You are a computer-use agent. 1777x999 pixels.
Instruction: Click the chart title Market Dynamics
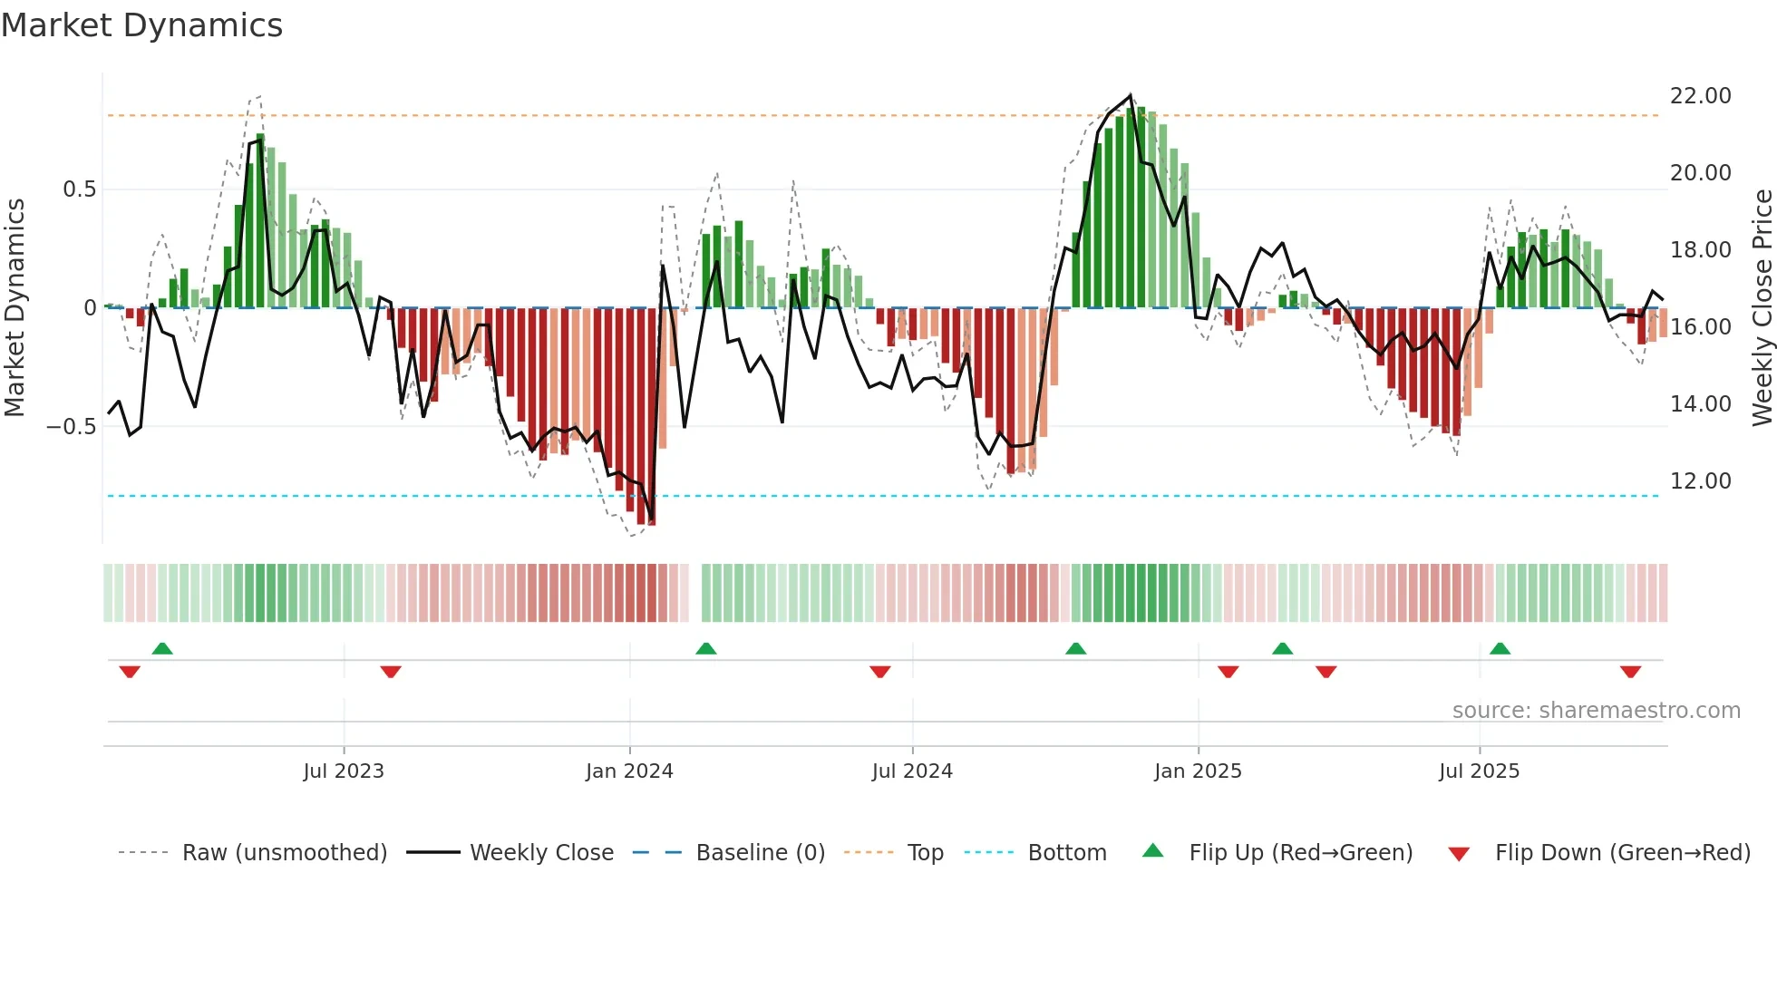click(x=141, y=25)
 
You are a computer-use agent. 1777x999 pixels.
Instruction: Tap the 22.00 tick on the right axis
click(x=1700, y=96)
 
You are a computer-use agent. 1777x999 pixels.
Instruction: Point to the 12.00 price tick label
click(x=1700, y=481)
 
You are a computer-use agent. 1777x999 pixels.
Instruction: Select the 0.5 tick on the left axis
click(x=79, y=189)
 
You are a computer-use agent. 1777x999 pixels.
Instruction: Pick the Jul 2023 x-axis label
click(x=344, y=771)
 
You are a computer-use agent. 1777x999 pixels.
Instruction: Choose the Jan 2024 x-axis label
click(x=629, y=771)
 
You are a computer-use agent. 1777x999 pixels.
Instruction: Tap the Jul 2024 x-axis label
click(x=912, y=771)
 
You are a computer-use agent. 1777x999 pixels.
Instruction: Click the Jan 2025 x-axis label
click(x=1198, y=771)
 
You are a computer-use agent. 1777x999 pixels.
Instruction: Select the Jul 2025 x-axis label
click(x=1479, y=771)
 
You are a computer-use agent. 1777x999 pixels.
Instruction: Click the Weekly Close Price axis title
click(x=1762, y=308)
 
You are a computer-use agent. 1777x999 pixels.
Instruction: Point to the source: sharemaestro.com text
click(x=1596, y=711)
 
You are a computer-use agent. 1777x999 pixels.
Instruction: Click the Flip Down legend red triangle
click(x=1459, y=854)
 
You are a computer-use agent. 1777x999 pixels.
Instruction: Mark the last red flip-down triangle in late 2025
click(x=1630, y=672)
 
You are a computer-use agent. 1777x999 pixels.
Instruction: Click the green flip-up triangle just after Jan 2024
click(x=706, y=648)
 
